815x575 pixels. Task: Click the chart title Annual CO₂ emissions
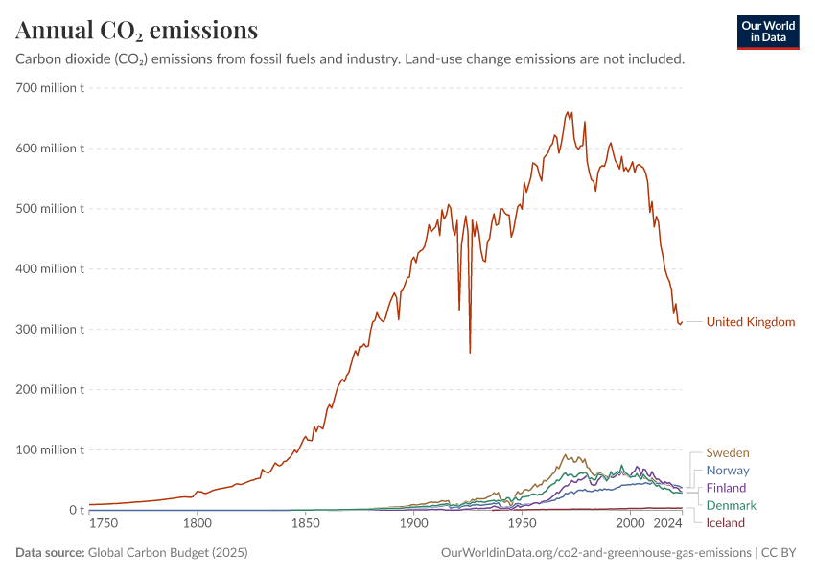coord(136,31)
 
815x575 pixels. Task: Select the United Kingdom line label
coord(750,322)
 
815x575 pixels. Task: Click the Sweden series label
coord(728,452)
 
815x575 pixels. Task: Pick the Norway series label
coord(728,471)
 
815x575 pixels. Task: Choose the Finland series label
coord(726,488)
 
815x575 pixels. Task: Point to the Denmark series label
coord(731,505)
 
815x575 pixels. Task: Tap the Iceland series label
coord(725,522)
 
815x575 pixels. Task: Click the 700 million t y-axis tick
coord(50,88)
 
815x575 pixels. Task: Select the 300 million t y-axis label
coord(50,330)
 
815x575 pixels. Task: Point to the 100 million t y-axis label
coord(50,449)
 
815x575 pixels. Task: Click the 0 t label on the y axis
coord(77,510)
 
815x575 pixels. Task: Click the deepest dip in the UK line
coord(470,352)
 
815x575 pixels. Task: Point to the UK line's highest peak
coord(568,112)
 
